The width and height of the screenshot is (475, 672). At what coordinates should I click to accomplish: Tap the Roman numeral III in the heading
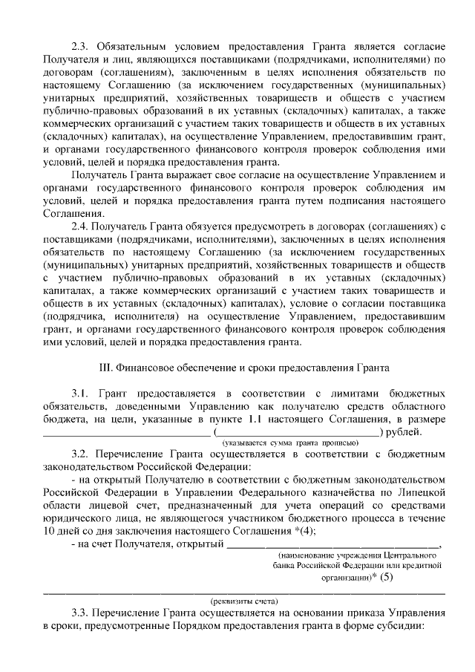click(x=105, y=367)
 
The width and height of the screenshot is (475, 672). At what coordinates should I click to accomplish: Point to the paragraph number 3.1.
click(x=80, y=393)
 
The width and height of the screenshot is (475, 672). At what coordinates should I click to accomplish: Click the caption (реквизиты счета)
click(x=245, y=601)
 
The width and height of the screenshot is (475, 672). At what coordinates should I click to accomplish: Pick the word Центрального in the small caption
click(x=407, y=555)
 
